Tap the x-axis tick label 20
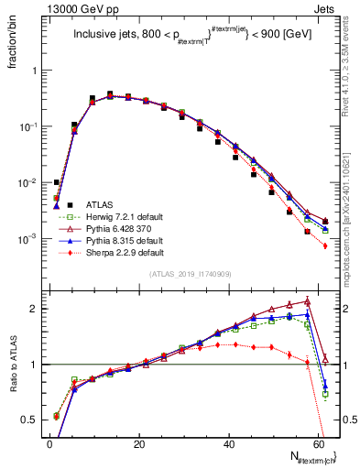click(x=138, y=444)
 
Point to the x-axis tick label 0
click(x=49, y=444)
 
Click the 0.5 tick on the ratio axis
click(x=29, y=420)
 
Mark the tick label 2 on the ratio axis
click(x=34, y=309)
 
